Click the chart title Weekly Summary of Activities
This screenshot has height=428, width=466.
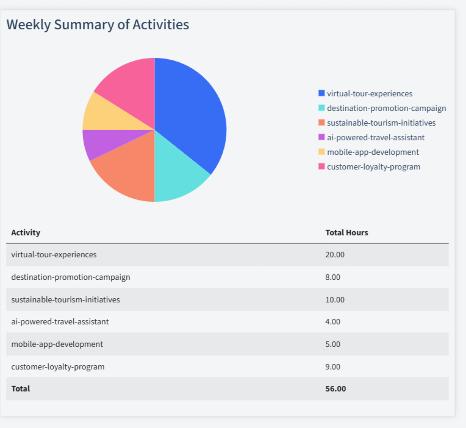click(98, 24)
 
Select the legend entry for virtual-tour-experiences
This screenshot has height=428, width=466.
click(369, 93)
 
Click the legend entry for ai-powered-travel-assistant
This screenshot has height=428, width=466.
click(375, 137)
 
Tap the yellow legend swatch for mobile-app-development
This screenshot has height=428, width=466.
click(321, 152)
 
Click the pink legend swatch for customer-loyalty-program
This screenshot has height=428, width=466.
click(321, 166)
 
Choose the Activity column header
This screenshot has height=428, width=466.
click(26, 232)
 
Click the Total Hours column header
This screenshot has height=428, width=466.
click(346, 232)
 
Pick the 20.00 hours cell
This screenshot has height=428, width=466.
click(335, 254)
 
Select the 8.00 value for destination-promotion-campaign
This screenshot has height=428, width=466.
click(333, 277)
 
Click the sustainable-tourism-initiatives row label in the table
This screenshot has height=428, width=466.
click(65, 299)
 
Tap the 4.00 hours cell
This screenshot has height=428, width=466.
click(333, 321)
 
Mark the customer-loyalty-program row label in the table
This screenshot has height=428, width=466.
click(58, 366)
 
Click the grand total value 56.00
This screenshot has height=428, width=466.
click(335, 388)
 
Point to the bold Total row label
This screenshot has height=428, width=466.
click(20, 388)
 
